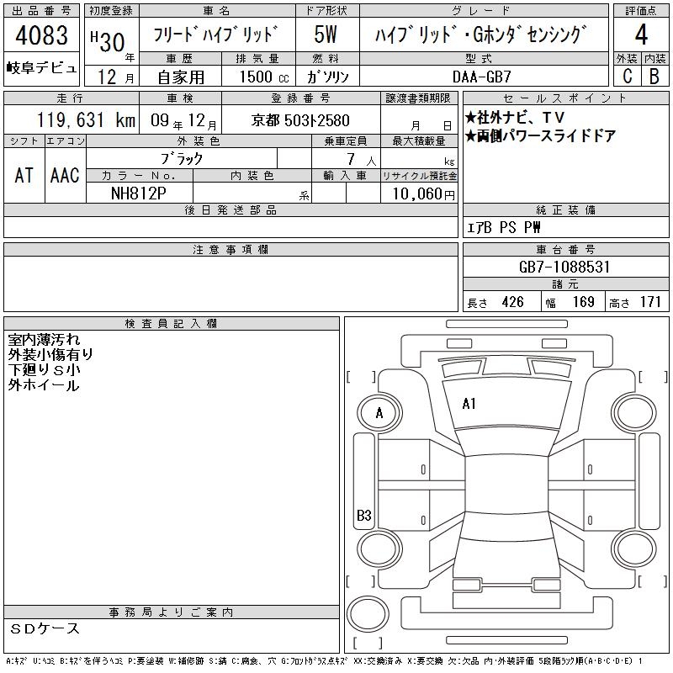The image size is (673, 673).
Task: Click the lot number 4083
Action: pyautogui.click(x=41, y=35)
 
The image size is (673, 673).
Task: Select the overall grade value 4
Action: pyautogui.click(x=641, y=34)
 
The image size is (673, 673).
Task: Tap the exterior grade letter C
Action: pyautogui.click(x=628, y=76)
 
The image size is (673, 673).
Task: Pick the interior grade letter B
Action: pyautogui.click(x=654, y=76)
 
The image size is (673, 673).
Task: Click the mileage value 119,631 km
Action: pyautogui.click(x=86, y=119)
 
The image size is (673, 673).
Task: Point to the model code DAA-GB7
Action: pyautogui.click(x=481, y=77)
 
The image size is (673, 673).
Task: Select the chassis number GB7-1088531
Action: pyautogui.click(x=564, y=267)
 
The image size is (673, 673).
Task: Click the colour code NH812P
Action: pyautogui.click(x=138, y=193)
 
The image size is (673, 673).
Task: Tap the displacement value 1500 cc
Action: pyautogui.click(x=264, y=77)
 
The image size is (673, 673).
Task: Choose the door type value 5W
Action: pyautogui.click(x=326, y=34)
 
